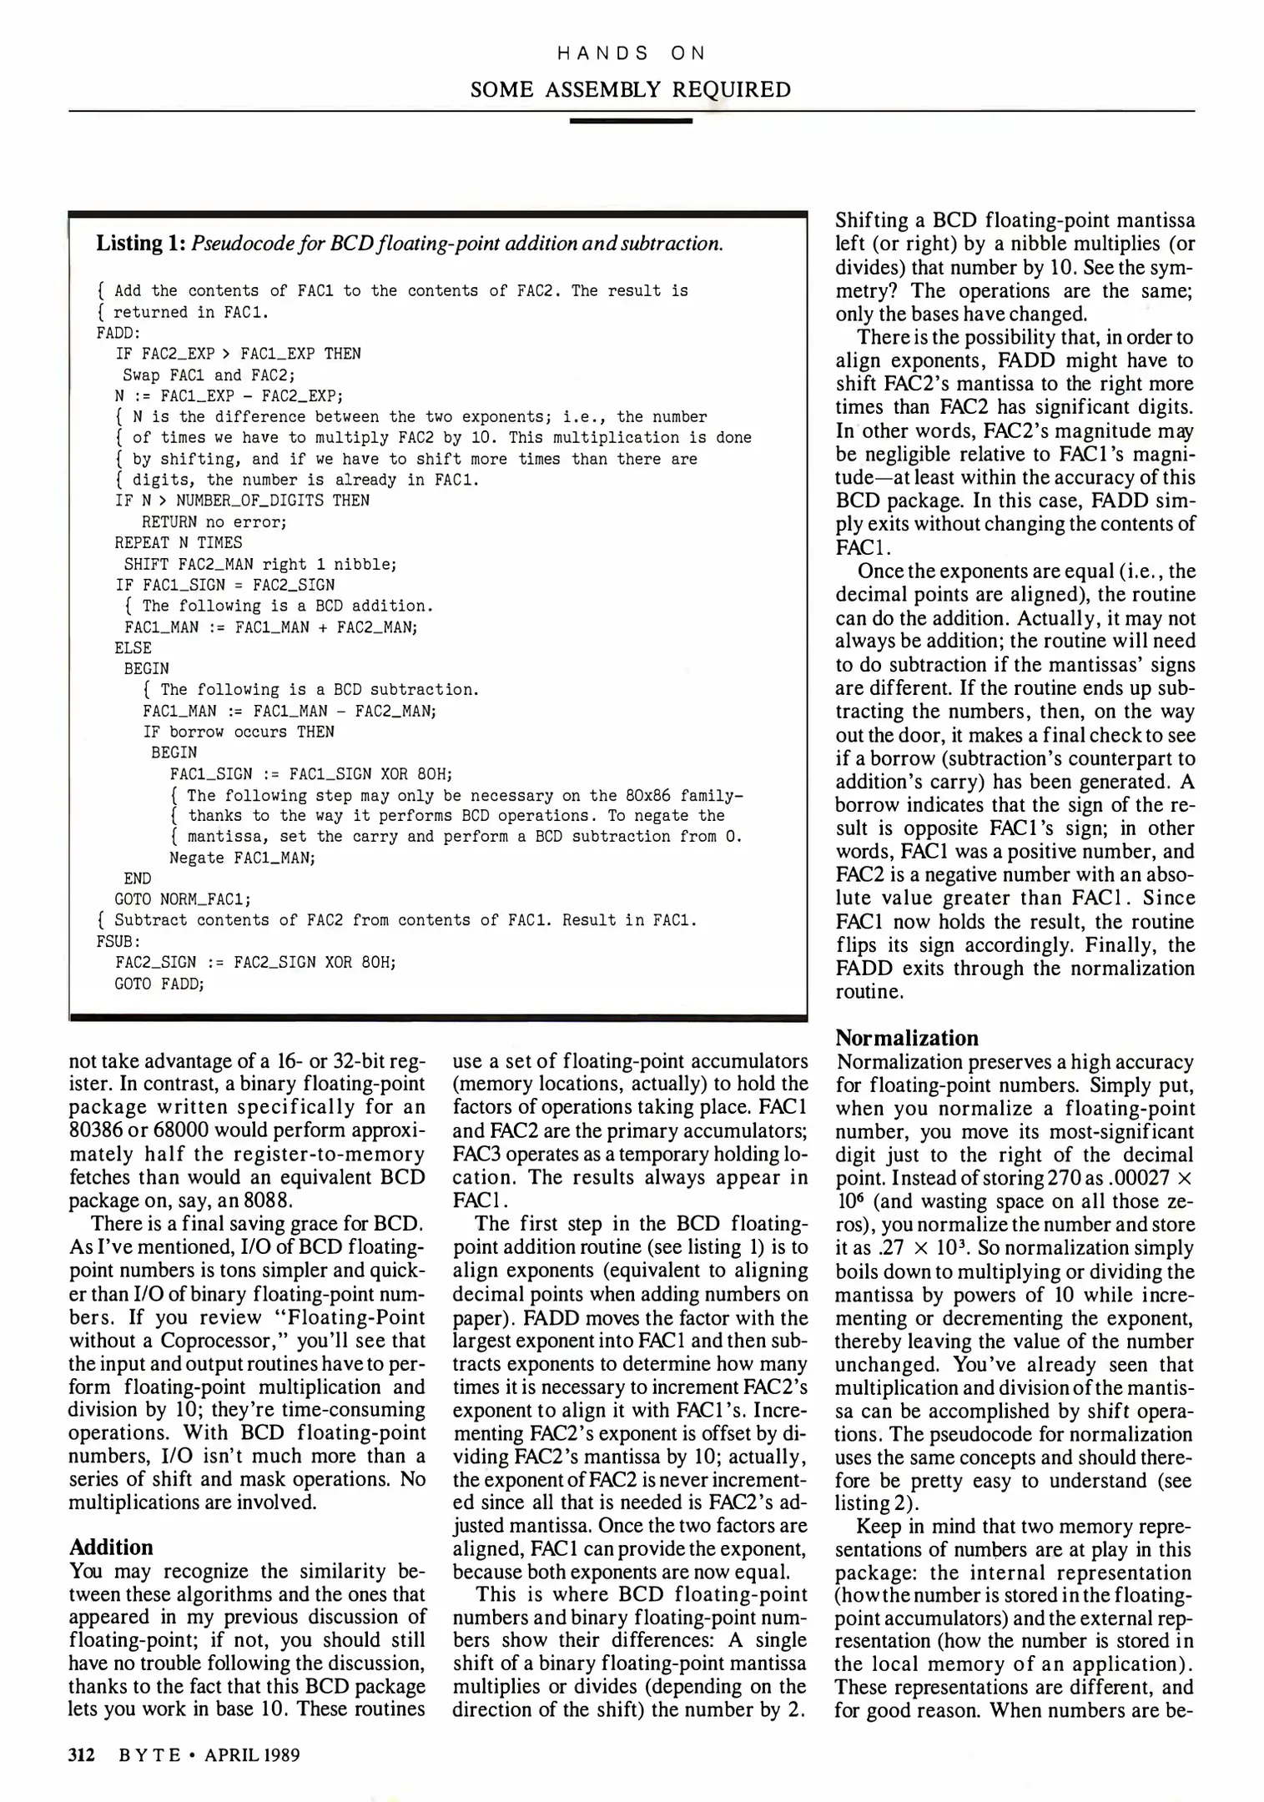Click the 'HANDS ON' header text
[631, 53]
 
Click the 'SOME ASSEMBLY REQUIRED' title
[631, 89]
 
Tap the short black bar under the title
[631, 122]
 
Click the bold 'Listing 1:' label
[140, 244]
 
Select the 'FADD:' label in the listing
[118, 333]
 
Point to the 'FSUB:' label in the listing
[118, 941]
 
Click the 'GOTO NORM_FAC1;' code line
[183, 899]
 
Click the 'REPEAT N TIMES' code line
[179, 542]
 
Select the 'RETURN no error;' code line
[214, 521]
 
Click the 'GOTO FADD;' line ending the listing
[159, 984]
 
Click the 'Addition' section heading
[111, 1548]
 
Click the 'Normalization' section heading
[907, 1038]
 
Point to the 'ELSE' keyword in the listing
[133, 647]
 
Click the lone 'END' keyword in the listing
[138, 878]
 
